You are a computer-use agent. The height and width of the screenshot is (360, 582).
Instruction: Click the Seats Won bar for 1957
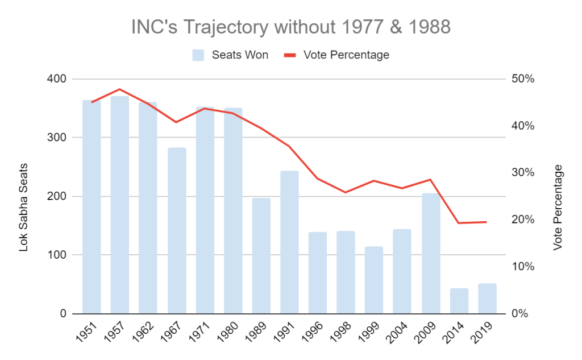[x=119, y=205]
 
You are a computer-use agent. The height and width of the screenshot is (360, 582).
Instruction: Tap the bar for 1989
[x=261, y=256]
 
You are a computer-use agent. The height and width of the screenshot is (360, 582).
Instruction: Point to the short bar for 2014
[x=459, y=301]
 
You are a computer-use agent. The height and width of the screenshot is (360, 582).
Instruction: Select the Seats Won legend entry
[x=230, y=55]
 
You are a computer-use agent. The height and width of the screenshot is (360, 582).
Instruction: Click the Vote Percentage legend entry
[x=336, y=55]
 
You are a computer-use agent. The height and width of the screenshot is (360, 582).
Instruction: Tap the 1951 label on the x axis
[x=88, y=331]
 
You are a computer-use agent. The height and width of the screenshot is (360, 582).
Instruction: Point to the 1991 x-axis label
[x=286, y=331]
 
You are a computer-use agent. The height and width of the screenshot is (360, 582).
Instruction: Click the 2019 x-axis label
[x=484, y=331]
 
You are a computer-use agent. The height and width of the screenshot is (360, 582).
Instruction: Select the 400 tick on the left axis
[x=59, y=79]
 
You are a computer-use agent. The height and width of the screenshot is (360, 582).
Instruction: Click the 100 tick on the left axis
[x=59, y=255]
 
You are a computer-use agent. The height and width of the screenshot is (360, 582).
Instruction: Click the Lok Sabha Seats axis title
[x=23, y=208]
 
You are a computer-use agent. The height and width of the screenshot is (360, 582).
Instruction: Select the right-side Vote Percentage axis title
[x=558, y=208]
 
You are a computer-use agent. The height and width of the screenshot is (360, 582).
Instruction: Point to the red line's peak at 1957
[x=120, y=89]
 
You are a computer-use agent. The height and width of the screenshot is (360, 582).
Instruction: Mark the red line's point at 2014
[x=459, y=223]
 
